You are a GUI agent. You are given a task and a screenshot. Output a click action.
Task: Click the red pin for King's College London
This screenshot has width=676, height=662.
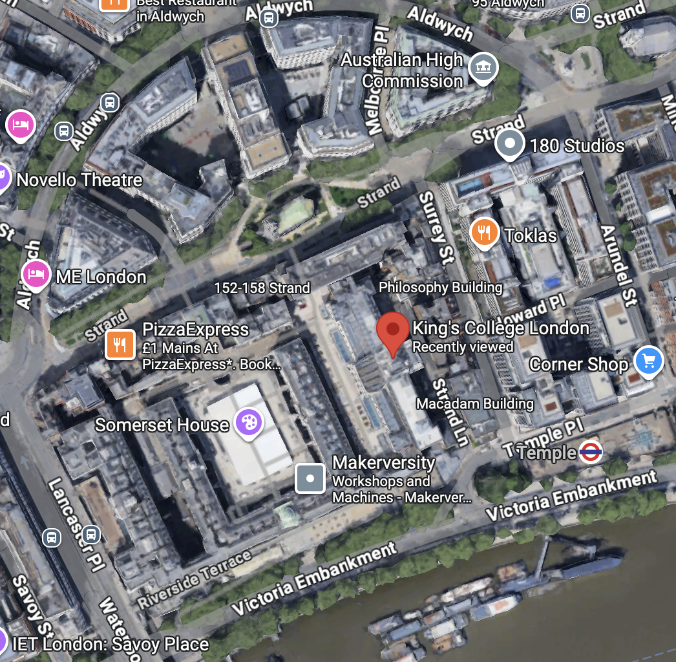393,330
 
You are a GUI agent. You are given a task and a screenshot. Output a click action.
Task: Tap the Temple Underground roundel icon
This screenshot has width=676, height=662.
591,453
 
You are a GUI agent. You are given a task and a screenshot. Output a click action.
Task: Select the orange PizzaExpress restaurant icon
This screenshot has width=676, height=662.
120,344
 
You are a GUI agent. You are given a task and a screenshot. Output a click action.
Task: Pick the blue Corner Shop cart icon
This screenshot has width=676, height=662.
648,361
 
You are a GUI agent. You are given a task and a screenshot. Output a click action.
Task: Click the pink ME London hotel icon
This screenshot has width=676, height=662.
36,275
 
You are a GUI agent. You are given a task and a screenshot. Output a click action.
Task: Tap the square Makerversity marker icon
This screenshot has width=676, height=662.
310,478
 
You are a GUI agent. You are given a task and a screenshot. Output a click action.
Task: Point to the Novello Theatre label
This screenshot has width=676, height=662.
79,179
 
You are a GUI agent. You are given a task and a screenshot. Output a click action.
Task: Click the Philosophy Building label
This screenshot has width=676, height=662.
440,287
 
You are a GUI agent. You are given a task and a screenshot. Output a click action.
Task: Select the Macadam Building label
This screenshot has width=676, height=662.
475,404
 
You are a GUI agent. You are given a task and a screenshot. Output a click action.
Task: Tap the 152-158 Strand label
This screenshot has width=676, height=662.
262,288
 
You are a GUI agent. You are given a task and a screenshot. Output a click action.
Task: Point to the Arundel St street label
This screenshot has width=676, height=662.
617,259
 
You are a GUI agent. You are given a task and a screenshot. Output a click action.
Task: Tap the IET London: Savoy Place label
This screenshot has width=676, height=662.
111,645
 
